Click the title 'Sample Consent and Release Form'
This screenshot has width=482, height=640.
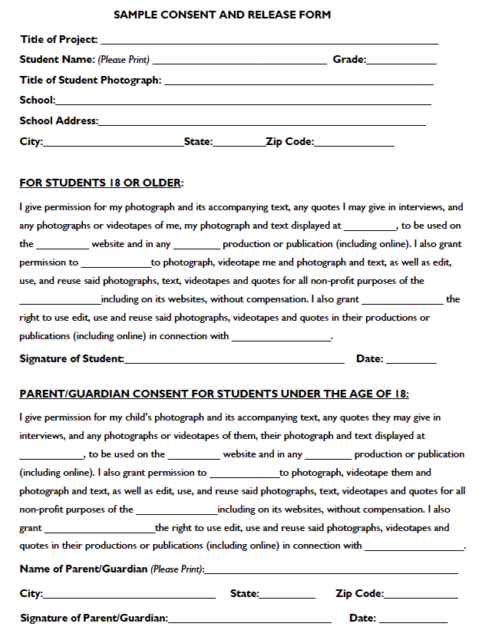(223, 15)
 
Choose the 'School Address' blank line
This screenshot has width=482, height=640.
(262, 123)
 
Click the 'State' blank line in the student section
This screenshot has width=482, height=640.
(238, 144)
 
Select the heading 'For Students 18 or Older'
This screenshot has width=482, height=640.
(101, 183)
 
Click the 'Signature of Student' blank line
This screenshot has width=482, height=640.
(234, 361)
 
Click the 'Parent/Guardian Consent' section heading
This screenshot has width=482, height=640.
(214, 394)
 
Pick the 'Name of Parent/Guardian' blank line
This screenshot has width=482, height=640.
(331, 572)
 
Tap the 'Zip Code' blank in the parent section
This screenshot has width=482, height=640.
(421, 596)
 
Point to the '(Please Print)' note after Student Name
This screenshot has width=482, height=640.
(124, 60)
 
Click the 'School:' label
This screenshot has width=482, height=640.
(37, 100)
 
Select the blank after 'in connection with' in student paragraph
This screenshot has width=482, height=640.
(281, 338)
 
